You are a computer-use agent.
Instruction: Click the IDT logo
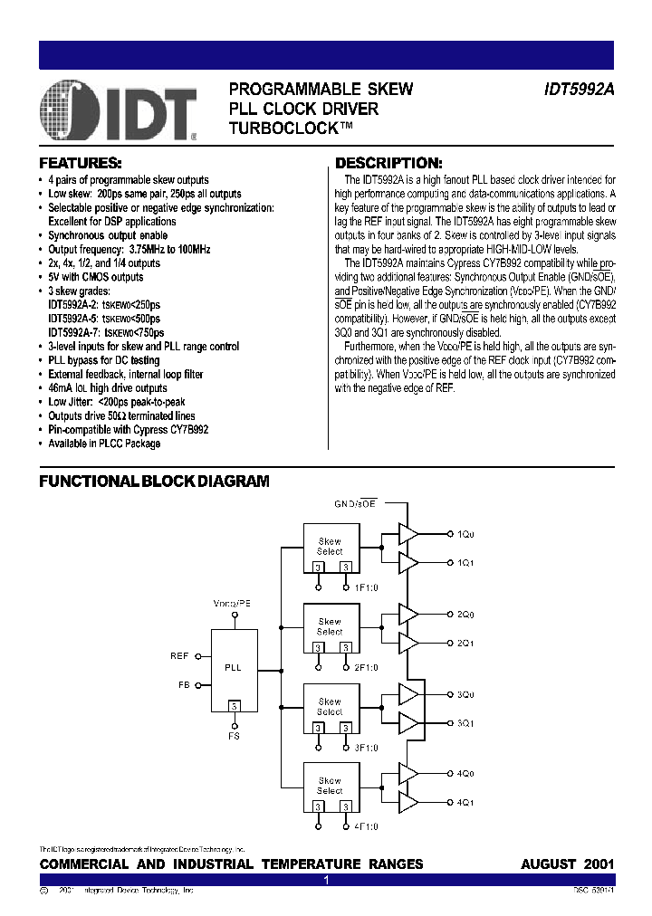click(119, 111)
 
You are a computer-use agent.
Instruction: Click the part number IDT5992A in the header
click(579, 90)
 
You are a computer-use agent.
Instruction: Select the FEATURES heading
click(80, 164)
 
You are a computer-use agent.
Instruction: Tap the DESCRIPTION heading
click(388, 164)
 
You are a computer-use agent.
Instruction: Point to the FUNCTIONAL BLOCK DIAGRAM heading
click(154, 482)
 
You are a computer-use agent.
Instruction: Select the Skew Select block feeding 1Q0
click(330, 549)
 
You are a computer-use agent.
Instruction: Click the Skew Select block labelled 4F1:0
click(330, 788)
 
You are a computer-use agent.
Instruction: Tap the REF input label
click(179, 654)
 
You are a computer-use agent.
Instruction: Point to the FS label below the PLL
click(235, 738)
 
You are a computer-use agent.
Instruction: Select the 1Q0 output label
click(465, 535)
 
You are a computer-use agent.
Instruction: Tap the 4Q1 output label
click(465, 802)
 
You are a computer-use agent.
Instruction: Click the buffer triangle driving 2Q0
click(408, 615)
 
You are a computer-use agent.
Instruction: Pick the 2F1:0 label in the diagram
click(366, 669)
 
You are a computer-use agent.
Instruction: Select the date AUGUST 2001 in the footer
click(567, 864)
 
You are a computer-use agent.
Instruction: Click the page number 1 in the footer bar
click(326, 879)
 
